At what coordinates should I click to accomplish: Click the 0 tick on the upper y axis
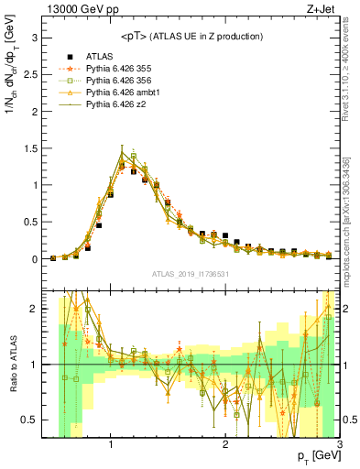[37, 259]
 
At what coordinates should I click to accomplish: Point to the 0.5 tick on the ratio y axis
[33, 420]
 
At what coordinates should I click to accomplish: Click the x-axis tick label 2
[225, 446]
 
